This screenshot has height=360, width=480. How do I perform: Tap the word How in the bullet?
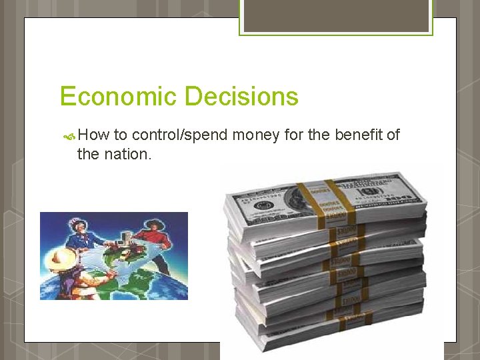(x=93, y=135)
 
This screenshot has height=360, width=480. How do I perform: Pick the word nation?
(x=127, y=154)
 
